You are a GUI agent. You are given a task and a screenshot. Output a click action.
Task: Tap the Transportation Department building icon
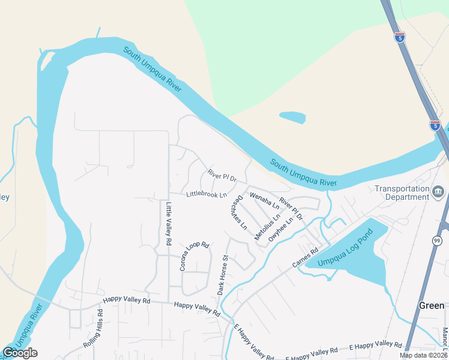(x=439, y=192)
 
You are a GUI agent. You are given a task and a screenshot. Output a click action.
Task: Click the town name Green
(x=431, y=305)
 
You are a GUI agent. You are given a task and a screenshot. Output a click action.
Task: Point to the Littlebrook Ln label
(x=206, y=194)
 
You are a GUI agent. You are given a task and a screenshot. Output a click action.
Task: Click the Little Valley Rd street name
(x=169, y=224)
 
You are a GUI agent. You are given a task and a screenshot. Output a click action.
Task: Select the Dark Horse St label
(x=223, y=275)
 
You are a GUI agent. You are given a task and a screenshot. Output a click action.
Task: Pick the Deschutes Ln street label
(x=240, y=212)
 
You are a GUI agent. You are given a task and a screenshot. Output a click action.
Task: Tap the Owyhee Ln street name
(x=281, y=229)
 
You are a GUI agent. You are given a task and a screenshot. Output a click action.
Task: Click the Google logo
(x=20, y=353)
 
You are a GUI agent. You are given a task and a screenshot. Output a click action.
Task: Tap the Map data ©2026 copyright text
(x=423, y=355)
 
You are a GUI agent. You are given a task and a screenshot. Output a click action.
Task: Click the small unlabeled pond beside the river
(x=292, y=117)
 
